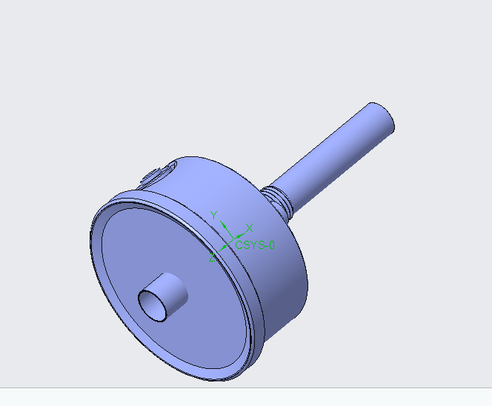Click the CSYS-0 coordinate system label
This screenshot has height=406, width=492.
pos(254,244)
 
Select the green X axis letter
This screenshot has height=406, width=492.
pos(250,227)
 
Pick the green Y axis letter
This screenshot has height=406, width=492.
pos(213,215)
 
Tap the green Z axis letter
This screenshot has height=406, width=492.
pos(212,258)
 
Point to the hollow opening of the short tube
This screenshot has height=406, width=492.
pos(154,304)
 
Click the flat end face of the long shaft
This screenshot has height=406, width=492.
pos(382,119)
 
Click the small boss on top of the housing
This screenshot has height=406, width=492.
pos(153,176)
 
